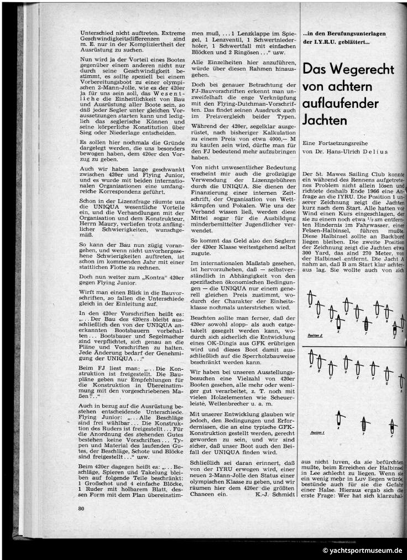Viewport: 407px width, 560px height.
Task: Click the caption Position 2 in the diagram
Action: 315,335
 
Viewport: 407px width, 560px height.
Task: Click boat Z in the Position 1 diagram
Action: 392,426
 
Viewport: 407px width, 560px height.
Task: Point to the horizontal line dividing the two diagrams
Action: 354,346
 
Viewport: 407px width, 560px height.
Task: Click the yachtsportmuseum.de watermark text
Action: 362,551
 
